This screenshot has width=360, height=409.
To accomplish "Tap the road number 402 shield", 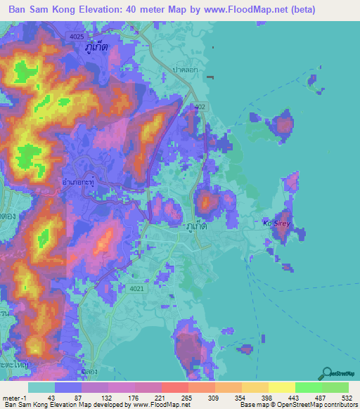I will click(x=201, y=106).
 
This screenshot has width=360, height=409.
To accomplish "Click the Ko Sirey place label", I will click(x=276, y=223).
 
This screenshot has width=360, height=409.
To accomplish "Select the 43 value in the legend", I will click(x=50, y=398).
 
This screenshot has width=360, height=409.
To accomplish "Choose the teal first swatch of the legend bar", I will click(x=41, y=387).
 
